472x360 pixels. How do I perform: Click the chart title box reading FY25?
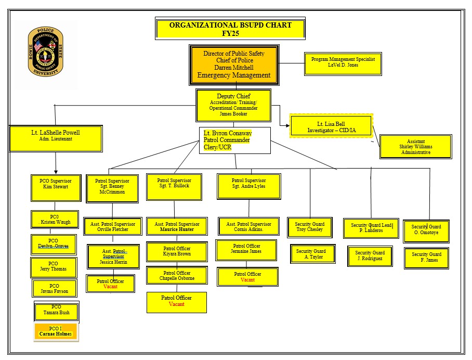click(230, 29)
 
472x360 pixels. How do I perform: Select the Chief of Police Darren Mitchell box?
click(234, 65)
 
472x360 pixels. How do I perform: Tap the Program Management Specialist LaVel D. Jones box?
click(343, 62)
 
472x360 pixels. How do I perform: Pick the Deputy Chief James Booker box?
click(233, 105)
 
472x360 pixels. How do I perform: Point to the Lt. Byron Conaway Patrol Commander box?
click(235, 140)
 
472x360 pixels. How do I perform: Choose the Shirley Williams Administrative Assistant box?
click(416, 147)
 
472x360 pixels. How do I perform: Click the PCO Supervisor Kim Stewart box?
click(56, 188)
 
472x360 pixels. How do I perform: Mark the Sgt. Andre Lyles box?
click(248, 186)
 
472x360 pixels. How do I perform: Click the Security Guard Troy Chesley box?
click(309, 227)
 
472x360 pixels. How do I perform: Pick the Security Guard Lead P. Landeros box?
click(371, 228)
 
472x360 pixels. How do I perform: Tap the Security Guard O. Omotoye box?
click(426, 231)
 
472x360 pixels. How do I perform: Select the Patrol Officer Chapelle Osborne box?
click(177, 276)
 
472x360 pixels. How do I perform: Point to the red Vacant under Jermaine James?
click(247, 280)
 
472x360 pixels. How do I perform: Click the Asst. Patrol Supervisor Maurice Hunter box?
click(177, 227)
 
